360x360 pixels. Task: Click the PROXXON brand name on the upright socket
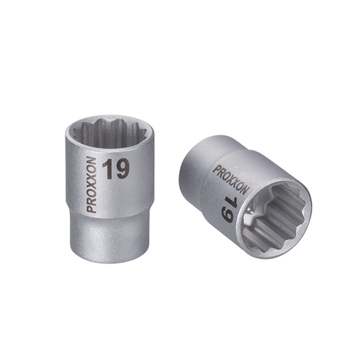coord(92,185)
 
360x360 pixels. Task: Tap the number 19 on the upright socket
coord(116,170)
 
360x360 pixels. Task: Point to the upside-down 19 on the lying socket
coord(227,210)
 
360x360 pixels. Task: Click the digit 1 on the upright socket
coord(107,170)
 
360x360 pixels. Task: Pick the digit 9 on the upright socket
coord(122,170)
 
